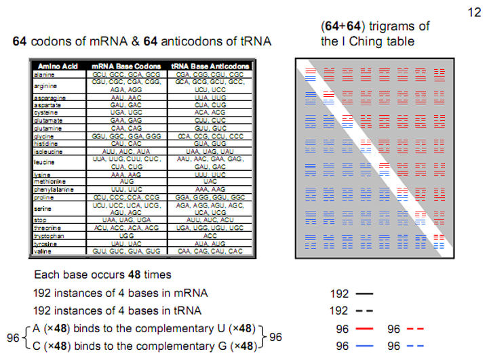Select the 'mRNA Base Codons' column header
click(127, 66)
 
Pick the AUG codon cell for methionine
click(127, 182)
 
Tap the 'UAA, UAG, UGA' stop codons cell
click(127, 221)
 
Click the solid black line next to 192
click(364, 294)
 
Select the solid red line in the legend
click(364, 328)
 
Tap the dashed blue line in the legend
click(416, 345)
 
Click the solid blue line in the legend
click(364, 345)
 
